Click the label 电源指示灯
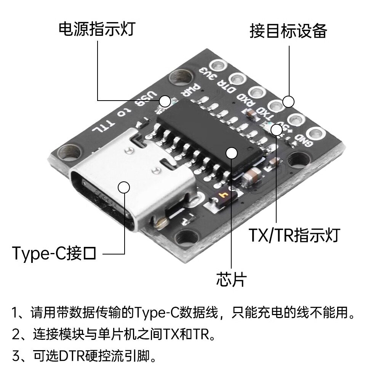(x=97, y=29)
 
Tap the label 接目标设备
(x=288, y=31)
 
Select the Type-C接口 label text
(x=54, y=253)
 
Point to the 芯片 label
(x=231, y=279)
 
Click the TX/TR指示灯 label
(x=295, y=235)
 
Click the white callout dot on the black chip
(x=231, y=153)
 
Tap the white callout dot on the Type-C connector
(x=124, y=187)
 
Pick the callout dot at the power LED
(x=165, y=101)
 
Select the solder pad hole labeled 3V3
(x=218, y=66)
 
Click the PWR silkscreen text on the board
(x=191, y=91)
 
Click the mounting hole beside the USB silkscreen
(x=181, y=77)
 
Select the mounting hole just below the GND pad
(x=299, y=161)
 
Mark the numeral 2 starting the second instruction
(x=16, y=335)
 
